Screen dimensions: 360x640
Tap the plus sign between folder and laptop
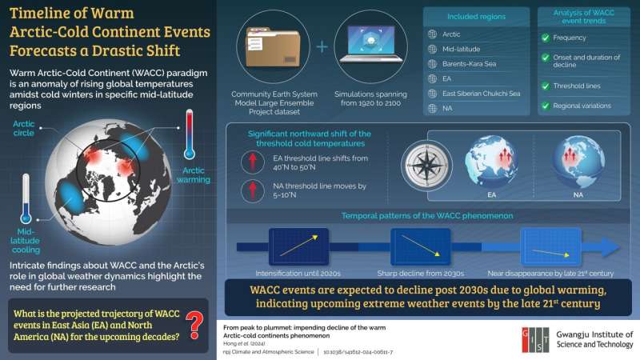322,45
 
